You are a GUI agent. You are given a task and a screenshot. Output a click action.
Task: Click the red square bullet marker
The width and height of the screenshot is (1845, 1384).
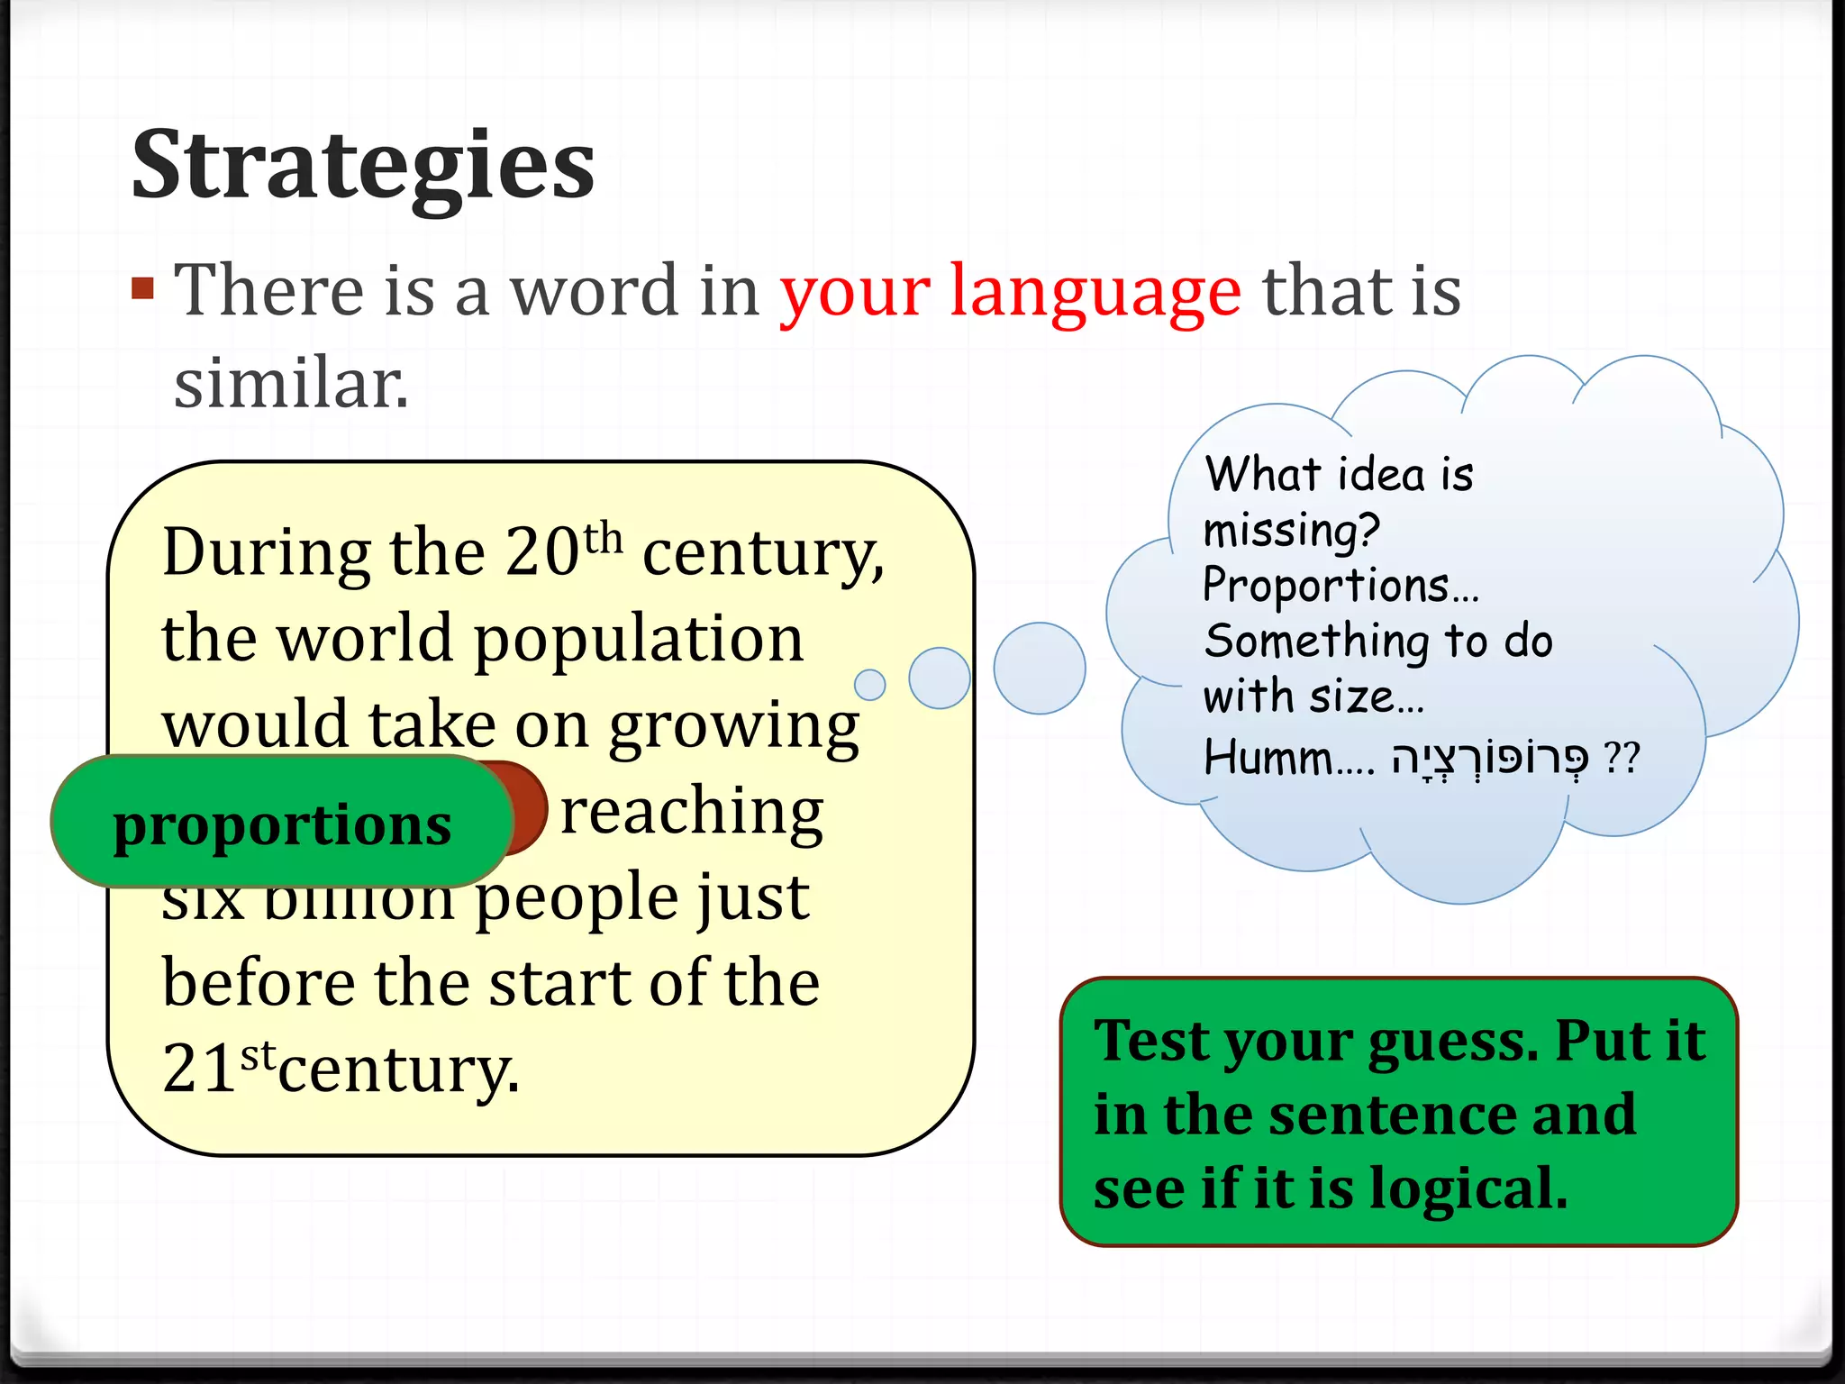[x=142, y=288]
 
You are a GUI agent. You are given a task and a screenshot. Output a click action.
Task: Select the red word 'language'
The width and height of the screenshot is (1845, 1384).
[x=1095, y=292]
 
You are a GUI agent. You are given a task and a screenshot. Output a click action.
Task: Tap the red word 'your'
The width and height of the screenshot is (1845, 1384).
[x=855, y=292]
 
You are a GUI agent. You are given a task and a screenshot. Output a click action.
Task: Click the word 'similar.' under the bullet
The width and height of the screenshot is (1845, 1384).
[x=291, y=384]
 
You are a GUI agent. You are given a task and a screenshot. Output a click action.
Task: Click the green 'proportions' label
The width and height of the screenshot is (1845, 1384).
[x=282, y=824]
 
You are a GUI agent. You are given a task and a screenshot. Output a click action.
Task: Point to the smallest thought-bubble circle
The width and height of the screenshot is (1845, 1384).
[x=869, y=685]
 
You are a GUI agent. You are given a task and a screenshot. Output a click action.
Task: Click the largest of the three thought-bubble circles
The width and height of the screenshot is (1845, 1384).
[x=1040, y=669]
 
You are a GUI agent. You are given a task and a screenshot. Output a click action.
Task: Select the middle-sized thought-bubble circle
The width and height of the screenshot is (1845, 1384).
[x=939, y=678]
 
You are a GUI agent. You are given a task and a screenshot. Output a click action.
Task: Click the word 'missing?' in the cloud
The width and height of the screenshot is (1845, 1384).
[x=1291, y=530]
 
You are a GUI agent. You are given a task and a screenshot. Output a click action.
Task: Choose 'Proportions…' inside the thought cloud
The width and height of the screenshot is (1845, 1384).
[x=1340, y=586]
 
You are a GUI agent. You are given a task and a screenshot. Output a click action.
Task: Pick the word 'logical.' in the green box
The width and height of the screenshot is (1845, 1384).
[x=1468, y=1188]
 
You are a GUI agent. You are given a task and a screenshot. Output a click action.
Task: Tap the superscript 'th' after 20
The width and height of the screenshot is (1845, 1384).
[x=603, y=539]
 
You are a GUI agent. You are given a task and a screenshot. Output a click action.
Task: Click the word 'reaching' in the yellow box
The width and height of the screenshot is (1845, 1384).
[x=691, y=811]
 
